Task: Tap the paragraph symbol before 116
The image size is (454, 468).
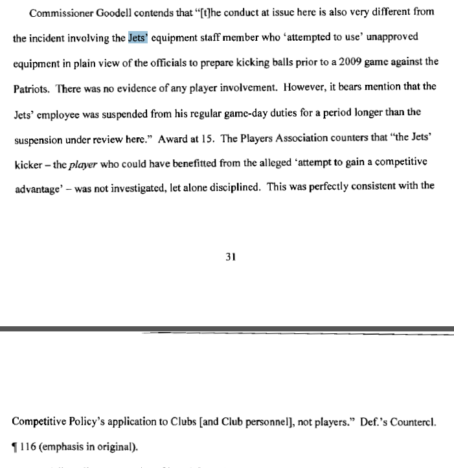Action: (16, 447)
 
